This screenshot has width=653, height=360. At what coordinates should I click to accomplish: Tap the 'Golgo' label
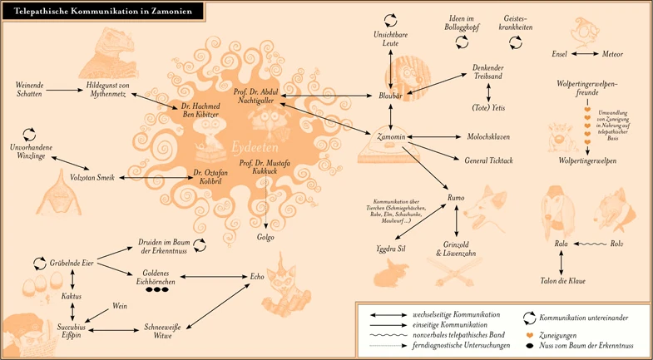(265, 238)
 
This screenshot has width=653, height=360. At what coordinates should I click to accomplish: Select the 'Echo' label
(257, 275)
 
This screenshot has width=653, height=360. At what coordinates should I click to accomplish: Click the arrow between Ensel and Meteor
(583, 54)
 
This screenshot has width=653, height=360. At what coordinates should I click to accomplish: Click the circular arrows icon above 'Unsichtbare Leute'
(390, 19)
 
